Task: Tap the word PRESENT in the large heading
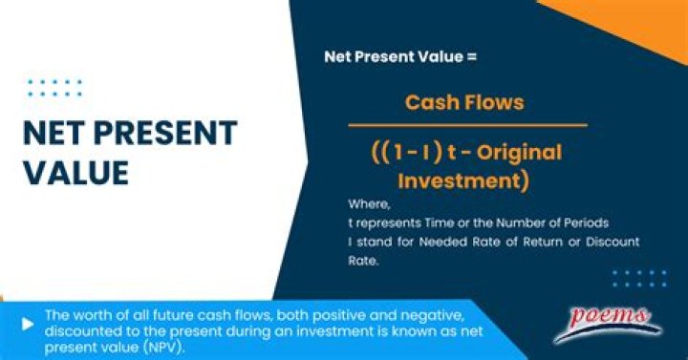pyautogui.click(x=169, y=133)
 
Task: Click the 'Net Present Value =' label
pyautogui.click(x=399, y=56)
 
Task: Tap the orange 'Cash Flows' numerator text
pyautogui.click(x=463, y=102)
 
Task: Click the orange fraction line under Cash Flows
pyautogui.click(x=466, y=125)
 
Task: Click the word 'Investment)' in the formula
pyautogui.click(x=462, y=180)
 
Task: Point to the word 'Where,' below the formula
pyautogui.click(x=368, y=204)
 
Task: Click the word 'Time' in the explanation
pyautogui.click(x=444, y=222)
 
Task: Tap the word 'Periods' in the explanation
pyautogui.click(x=582, y=222)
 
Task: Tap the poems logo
pyautogui.click(x=608, y=320)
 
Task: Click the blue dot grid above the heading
pyautogui.click(x=54, y=88)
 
